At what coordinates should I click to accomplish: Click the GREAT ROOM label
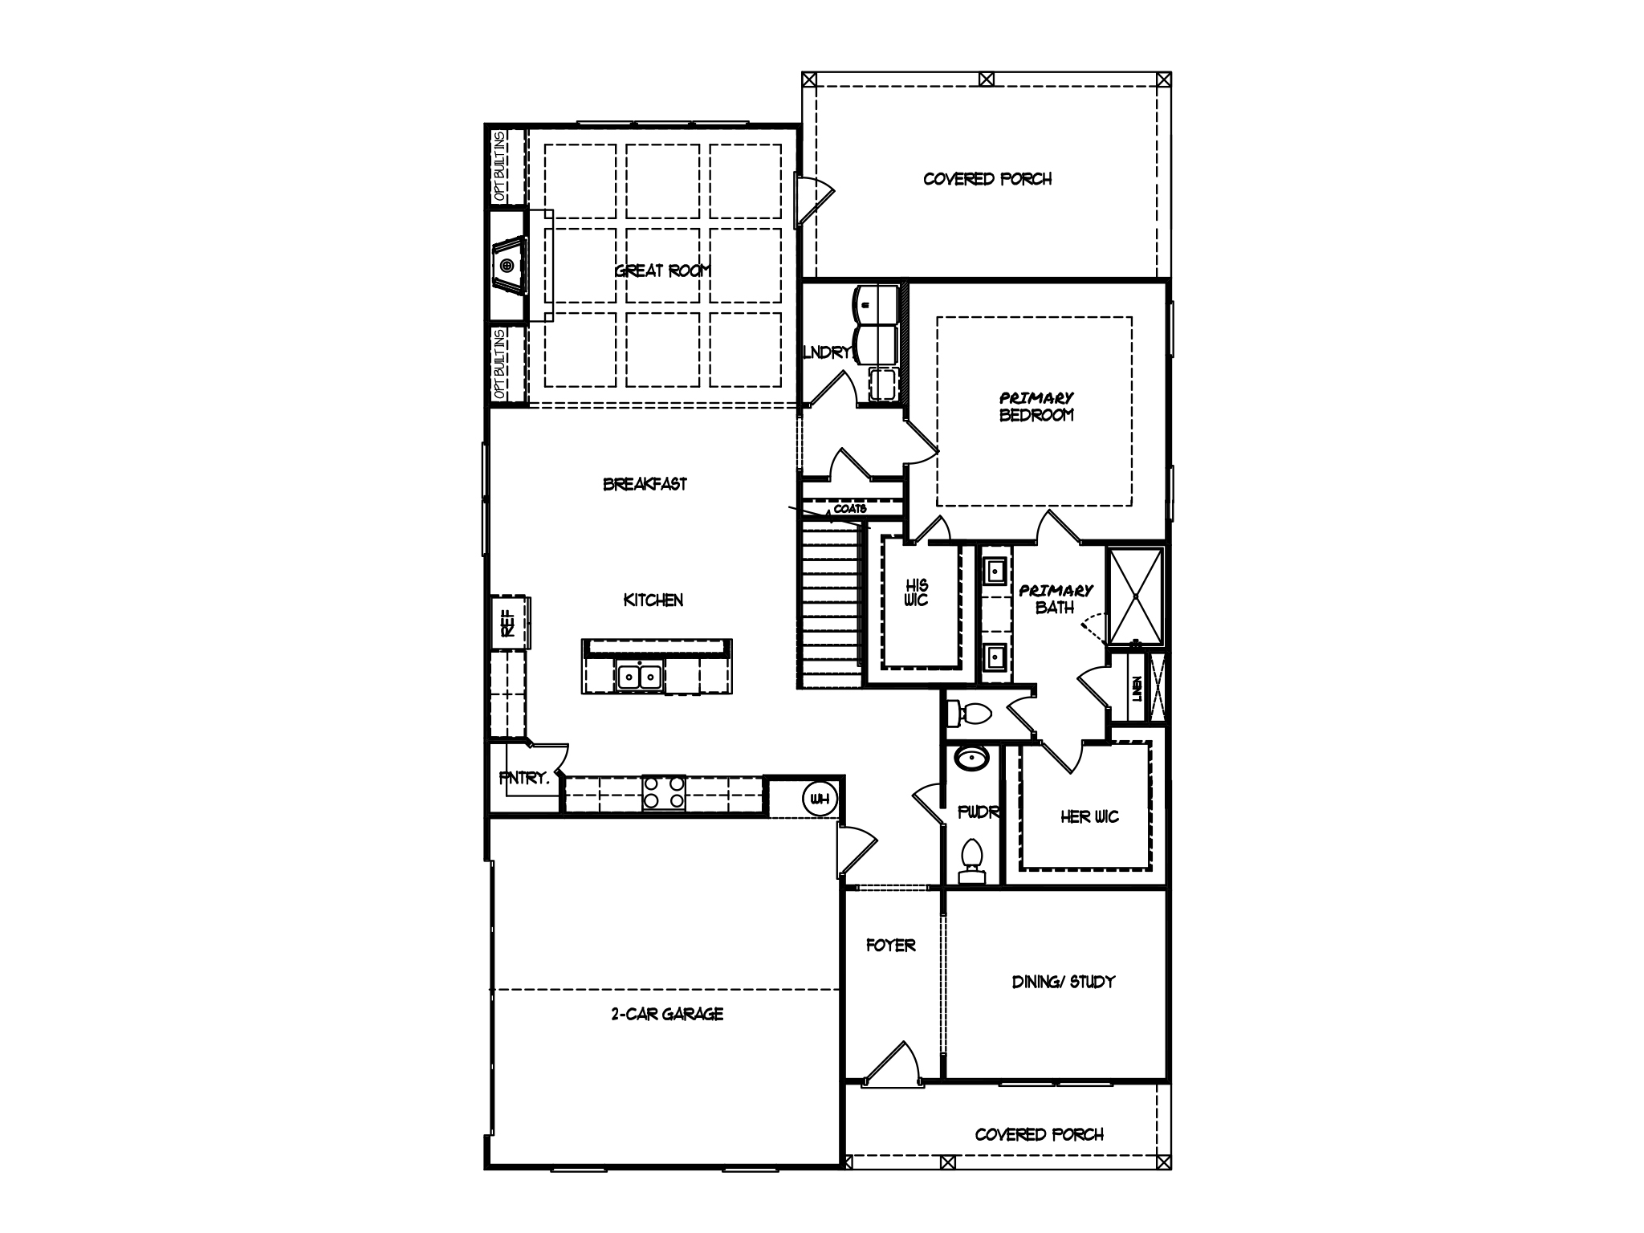pos(662,271)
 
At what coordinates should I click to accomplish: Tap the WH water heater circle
pos(820,799)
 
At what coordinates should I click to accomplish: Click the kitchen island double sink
pos(640,677)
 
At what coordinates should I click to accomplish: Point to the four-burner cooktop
pos(664,792)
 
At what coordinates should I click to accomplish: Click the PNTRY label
pos(523,778)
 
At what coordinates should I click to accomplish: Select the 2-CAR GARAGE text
pos(666,1014)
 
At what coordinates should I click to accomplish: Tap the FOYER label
pos(890,946)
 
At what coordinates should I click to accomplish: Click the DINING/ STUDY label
pos(1063,981)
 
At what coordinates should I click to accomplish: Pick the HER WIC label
pos(1089,817)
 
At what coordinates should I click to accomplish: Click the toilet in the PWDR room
pos(972,859)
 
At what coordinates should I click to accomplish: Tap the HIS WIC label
pos(916,592)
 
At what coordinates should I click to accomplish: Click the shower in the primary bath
pos(1135,596)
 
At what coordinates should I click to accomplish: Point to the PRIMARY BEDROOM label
pos(1036,406)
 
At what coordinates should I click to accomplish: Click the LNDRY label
pos(826,352)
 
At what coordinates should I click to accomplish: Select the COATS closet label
pos(849,509)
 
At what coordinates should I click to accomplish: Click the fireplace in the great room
pos(508,266)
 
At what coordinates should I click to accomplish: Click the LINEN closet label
pos(1137,689)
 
